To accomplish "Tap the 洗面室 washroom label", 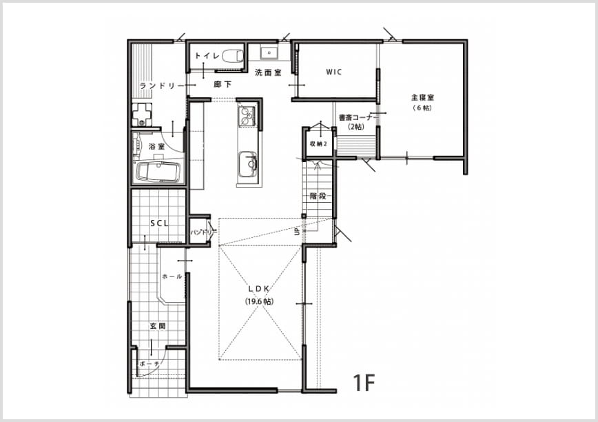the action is (x=268, y=72).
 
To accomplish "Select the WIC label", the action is (x=334, y=72).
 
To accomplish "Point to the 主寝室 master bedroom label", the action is (x=422, y=98).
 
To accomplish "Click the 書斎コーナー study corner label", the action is (x=358, y=117).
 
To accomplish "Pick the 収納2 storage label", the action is (x=319, y=144).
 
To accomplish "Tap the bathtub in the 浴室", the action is (x=158, y=172).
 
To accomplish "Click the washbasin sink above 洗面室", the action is (x=270, y=52).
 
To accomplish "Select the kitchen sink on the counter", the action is (x=248, y=164).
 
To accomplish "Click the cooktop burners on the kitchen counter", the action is (x=247, y=116).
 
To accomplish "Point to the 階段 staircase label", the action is (x=318, y=197).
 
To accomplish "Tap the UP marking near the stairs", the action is (x=297, y=232).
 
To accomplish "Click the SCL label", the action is (x=159, y=223).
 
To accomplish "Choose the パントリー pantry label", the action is (x=204, y=232).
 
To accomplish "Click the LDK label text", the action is (x=259, y=289).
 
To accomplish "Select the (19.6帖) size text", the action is (x=259, y=301).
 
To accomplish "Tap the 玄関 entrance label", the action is (x=158, y=326).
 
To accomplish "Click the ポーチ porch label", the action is (x=149, y=364).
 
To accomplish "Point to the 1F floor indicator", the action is (x=364, y=383).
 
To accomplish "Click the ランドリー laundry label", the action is (x=163, y=86).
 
